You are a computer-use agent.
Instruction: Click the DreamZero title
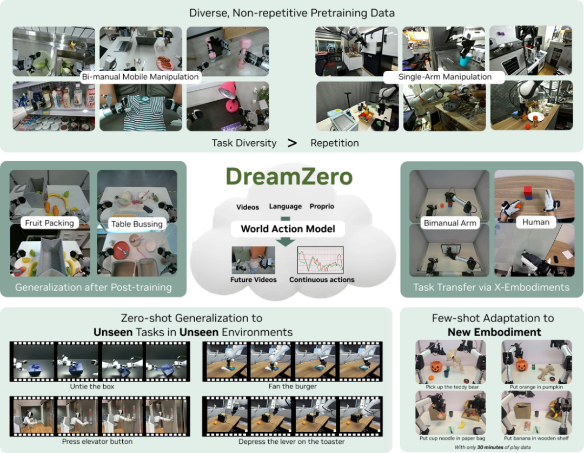[x=289, y=176]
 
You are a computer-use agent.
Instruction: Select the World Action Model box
[x=288, y=229]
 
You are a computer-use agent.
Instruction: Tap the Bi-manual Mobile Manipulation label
[x=141, y=77]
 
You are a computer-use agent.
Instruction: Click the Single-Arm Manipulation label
[x=444, y=77]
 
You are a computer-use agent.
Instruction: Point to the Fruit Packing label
[x=50, y=223]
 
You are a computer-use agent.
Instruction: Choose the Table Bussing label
[x=137, y=224]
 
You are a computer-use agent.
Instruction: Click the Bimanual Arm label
[x=450, y=223]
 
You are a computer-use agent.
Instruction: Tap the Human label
[x=535, y=222]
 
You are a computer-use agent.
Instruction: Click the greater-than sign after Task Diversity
[x=293, y=143]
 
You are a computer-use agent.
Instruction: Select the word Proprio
[x=322, y=206]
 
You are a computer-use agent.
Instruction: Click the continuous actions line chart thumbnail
[x=320, y=260]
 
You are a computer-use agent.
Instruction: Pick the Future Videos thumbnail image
[x=253, y=260]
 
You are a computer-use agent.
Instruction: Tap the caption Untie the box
[x=92, y=386]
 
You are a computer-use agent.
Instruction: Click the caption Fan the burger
[x=293, y=386]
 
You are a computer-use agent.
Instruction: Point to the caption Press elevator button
[x=97, y=442]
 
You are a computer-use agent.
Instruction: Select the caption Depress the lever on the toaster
[x=291, y=442]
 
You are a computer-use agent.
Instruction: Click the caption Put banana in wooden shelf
[x=536, y=438]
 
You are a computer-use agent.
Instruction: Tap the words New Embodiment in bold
[x=494, y=332]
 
